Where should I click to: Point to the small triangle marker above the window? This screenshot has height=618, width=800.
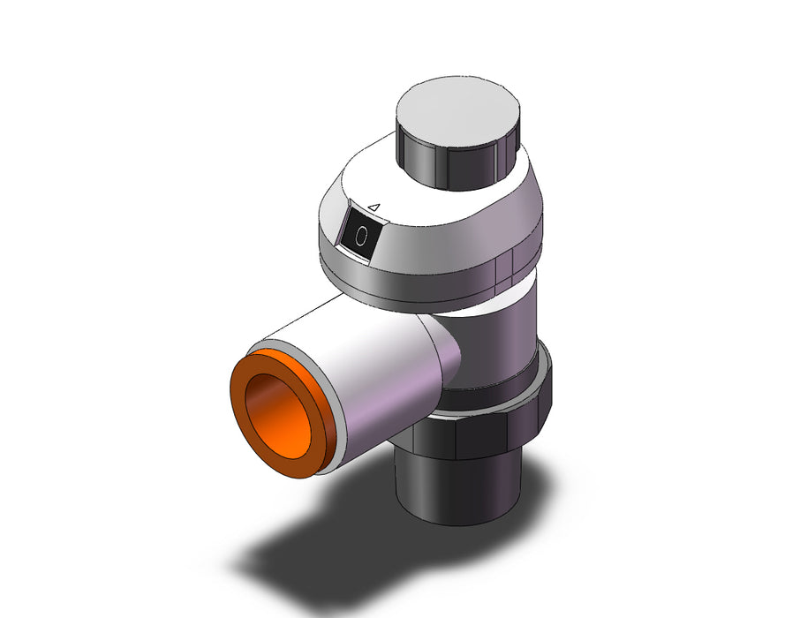(374, 207)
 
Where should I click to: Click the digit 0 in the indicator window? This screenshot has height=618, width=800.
(361, 237)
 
